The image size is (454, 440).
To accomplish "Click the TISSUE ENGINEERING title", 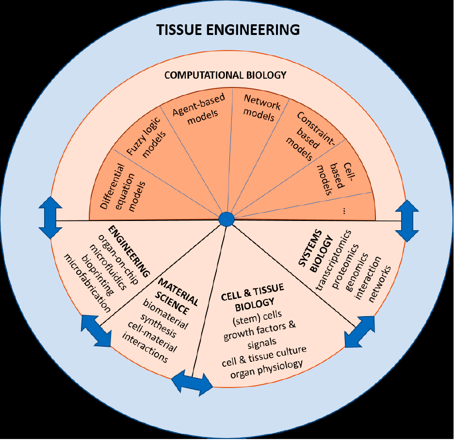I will coord(228,30).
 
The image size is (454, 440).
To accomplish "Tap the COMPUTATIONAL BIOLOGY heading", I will coord(226,75).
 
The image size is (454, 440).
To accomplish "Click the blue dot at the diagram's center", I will coord(226,219).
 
